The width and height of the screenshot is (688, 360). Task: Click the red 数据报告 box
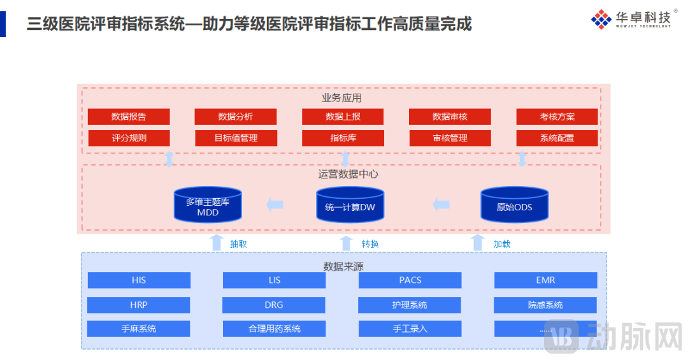click(x=129, y=117)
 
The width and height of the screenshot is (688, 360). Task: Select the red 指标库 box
click(x=343, y=138)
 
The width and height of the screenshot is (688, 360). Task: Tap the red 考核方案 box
click(x=557, y=117)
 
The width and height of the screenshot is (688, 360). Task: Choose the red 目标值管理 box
click(x=236, y=138)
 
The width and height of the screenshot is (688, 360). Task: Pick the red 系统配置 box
click(x=557, y=138)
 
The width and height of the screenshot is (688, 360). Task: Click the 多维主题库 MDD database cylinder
click(x=208, y=206)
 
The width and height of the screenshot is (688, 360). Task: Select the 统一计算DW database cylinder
click(x=350, y=206)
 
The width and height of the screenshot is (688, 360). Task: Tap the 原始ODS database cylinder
click(x=514, y=206)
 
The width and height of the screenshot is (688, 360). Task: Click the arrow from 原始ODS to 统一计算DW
click(x=441, y=205)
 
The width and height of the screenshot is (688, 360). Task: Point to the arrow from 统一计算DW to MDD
click(x=275, y=205)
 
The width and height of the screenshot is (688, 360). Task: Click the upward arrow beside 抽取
click(x=217, y=243)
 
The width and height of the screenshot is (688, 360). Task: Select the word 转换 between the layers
click(x=370, y=243)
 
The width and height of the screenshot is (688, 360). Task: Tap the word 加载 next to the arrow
click(x=501, y=243)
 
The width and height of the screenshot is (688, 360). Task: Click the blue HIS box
click(x=139, y=280)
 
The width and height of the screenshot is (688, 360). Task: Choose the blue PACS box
click(x=410, y=280)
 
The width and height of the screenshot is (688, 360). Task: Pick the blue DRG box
click(x=274, y=305)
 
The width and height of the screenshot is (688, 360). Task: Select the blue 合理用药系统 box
click(x=274, y=329)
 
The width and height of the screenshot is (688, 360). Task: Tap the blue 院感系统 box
click(x=545, y=305)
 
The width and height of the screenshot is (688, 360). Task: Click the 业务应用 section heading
click(x=341, y=97)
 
